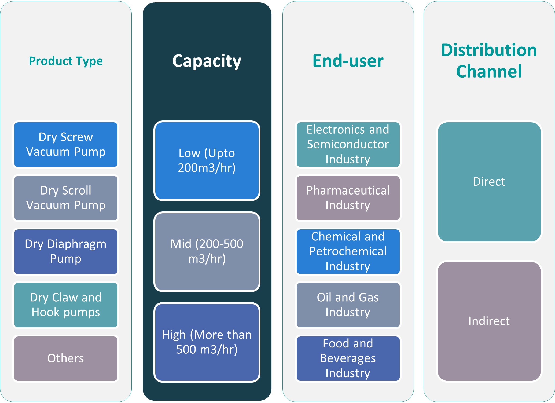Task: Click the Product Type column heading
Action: pos(66,61)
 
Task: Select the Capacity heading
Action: pos(207,61)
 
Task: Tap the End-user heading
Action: pos(348,61)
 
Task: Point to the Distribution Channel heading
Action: pos(489,61)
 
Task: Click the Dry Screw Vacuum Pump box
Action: pos(66,145)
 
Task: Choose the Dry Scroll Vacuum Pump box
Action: pos(66,198)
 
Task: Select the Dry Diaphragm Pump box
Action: pos(66,251)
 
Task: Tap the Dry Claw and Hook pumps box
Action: pos(66,305)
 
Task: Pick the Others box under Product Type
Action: pos(66,358)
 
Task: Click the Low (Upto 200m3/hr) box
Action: pos(207,160)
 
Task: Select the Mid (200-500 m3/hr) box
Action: pos(207,251)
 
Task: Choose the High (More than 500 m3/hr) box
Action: pos(207,342)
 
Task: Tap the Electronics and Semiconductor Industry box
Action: pos(348,145)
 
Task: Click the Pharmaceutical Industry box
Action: pos(348,198)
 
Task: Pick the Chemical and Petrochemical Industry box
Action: pos(348,251)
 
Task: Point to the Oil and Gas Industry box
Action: pos(348,305)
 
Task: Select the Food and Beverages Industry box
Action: pos(348,358)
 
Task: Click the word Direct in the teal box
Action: pos(489,182)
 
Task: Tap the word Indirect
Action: pos(489,321)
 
